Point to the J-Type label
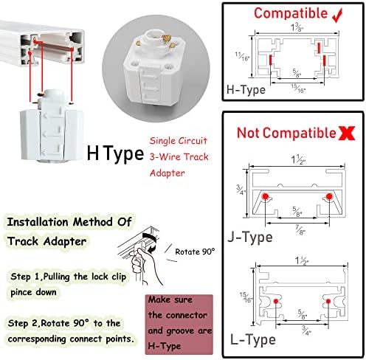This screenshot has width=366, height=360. point(250,237)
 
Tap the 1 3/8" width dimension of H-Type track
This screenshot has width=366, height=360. point(297,27)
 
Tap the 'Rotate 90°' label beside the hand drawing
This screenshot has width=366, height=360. point(195,251)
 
